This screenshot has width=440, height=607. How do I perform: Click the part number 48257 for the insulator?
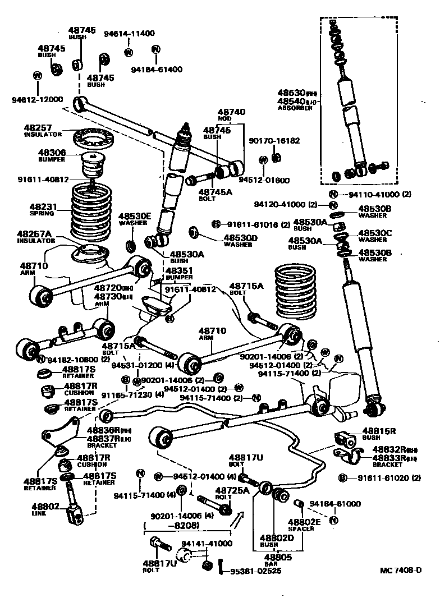38,128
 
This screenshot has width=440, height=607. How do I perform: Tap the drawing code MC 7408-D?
400,571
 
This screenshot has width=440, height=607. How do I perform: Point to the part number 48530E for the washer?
135,216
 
